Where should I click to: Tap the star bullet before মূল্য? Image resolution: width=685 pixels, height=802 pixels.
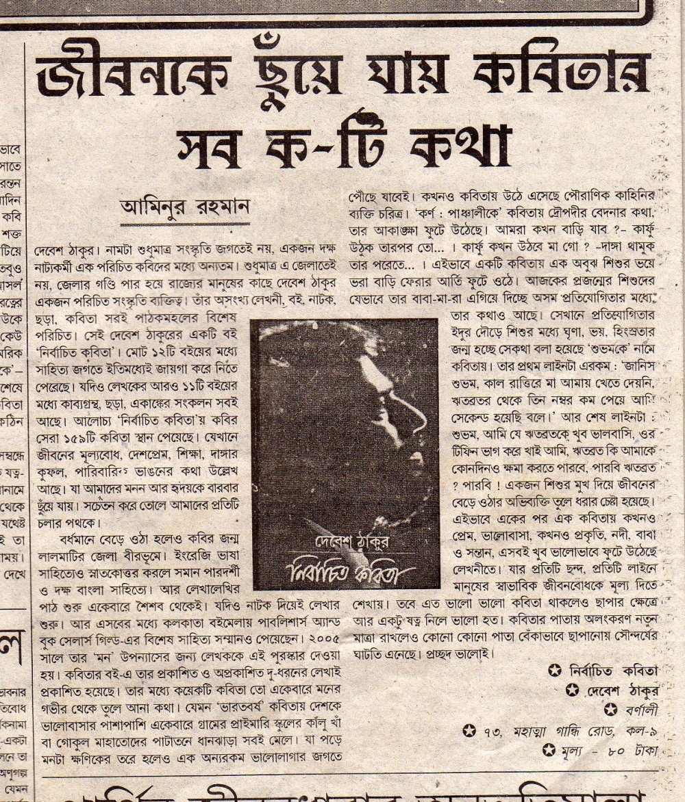pos(547,751)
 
